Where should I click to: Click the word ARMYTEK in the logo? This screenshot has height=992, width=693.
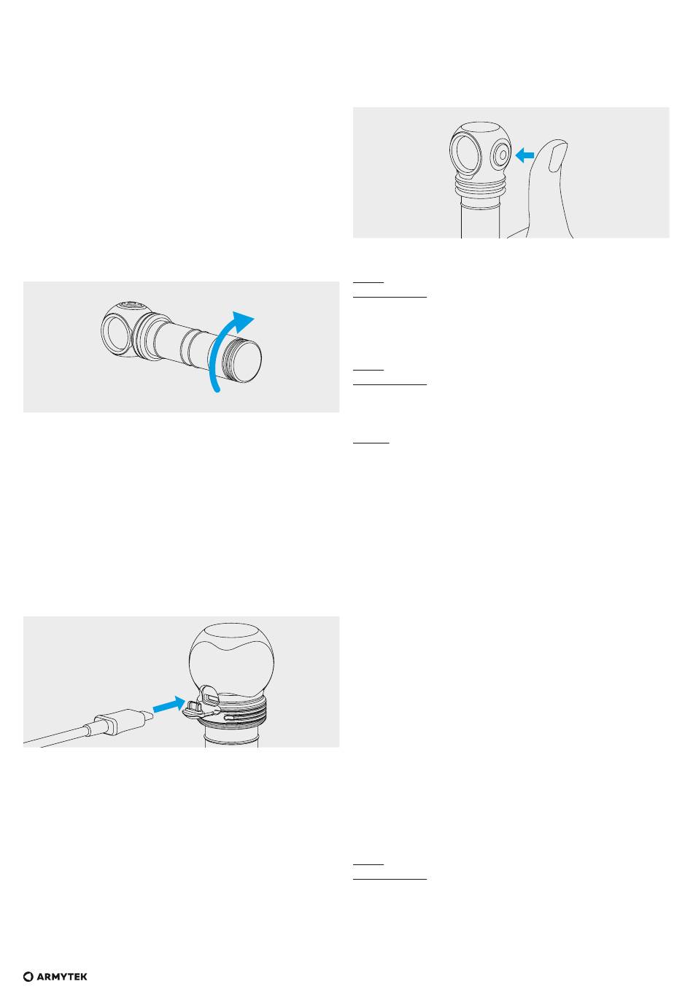62,977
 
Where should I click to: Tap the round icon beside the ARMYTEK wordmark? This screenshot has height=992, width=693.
28,977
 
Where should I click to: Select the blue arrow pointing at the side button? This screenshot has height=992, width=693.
524,155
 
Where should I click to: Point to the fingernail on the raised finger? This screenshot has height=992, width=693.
557,156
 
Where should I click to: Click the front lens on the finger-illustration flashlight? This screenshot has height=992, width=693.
465,154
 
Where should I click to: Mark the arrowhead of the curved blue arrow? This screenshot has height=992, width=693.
244,321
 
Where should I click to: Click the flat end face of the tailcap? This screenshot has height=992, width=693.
247,360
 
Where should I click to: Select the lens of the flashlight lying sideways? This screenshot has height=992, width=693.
115,333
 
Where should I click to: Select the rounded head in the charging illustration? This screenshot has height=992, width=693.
231,659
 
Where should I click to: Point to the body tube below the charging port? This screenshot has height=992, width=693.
231,737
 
